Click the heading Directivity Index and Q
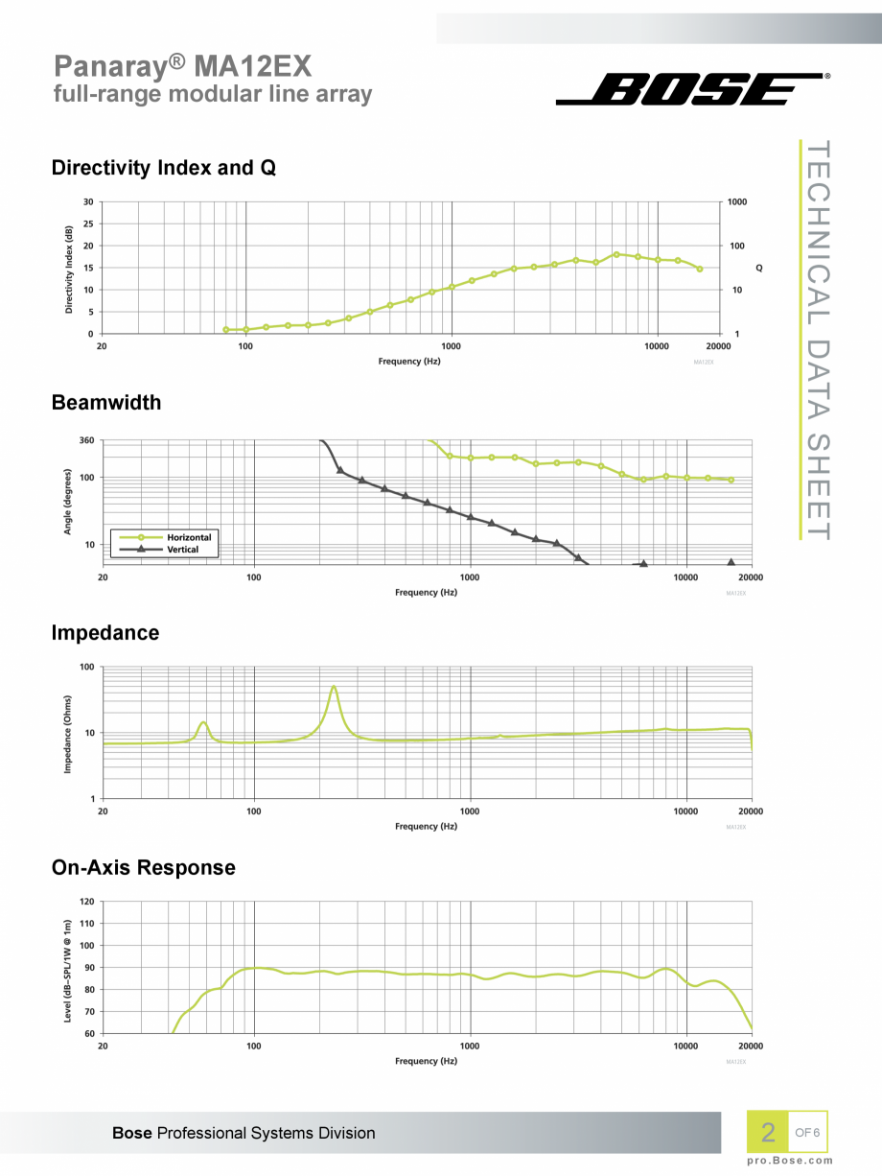pos(163,168)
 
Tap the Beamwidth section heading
pos(105,403)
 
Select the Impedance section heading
pos(104,633)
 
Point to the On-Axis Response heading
pos(143,868)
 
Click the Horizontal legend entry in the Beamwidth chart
pos(188,537)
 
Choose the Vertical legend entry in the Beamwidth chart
pos(182,550)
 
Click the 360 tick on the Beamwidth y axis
pos(85,441)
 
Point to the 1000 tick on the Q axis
pos(736,202)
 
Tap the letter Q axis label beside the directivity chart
pos(758,268)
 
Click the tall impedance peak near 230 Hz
pos(334,687)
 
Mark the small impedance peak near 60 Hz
pos(203,722)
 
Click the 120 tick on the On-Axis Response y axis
pos(86,902)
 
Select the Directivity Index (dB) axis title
pos(69,270)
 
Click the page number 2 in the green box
pos(767,1133)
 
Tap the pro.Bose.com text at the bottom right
pos(790,1161)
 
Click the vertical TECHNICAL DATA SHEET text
pos(818,341)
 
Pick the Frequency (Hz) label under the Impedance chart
pos(426,826)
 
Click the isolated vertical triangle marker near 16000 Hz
pos(731,563)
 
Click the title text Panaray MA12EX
pos(182,65)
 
